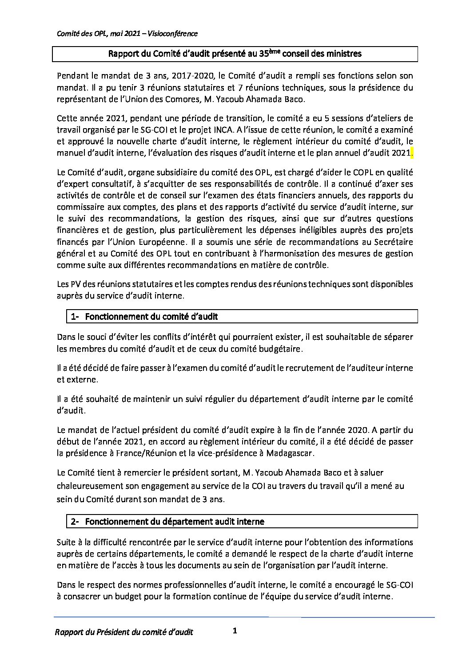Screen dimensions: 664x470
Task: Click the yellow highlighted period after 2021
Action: click(411, 153)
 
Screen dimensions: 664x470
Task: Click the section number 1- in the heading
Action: click(75, 316)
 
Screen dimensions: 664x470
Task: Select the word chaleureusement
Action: click(89, 486)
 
